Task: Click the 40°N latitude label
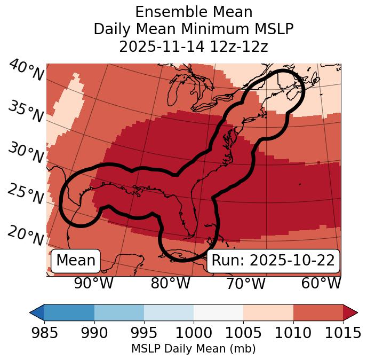[x=26, y=70]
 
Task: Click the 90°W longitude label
[x=94, y=284]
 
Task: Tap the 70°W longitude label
[x=245, y=284]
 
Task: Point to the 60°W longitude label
[x=321, y=284]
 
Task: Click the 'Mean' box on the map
[x=76, y=261]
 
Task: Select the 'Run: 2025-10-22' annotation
[x=273, y=261]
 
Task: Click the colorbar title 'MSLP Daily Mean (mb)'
[x=193, y=349]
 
